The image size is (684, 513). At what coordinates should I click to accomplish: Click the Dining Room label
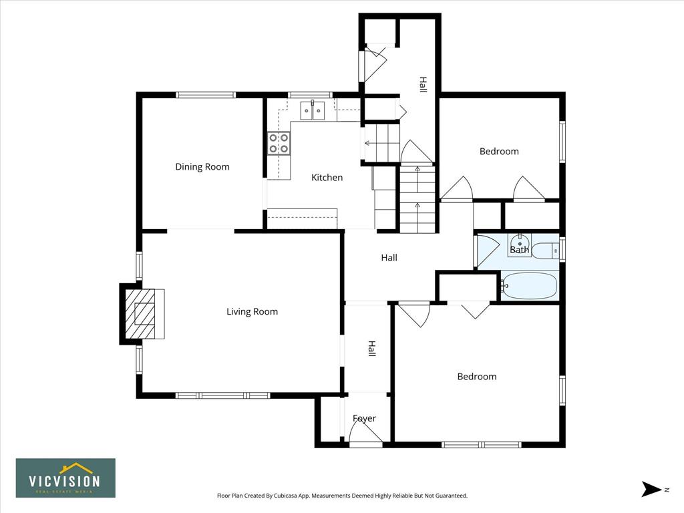pos(202,166)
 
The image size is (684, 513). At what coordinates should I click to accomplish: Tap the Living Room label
pos(252,311)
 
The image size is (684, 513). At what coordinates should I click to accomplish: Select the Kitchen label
pos(327,178)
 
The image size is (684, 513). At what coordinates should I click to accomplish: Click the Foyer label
pos(364,418)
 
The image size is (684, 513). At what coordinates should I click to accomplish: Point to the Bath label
pos(520,250)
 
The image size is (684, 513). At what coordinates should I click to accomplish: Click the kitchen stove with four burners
pos(279,144)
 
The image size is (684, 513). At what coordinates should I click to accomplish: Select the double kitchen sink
pos(313,110)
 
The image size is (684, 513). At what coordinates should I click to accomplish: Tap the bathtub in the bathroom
pos(529,286)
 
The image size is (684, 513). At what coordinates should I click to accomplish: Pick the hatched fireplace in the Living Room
pos(140,314)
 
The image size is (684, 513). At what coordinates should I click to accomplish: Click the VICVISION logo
pos(65,478)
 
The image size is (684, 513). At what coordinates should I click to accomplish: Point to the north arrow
pos(651,489)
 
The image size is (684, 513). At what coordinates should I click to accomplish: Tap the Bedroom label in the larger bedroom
pos(477,377)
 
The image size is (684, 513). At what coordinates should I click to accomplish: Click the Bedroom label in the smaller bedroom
pos(499,152)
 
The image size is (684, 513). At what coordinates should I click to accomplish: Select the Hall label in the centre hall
pos(389,258)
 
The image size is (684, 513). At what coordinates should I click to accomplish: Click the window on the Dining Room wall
pos(206,95)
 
